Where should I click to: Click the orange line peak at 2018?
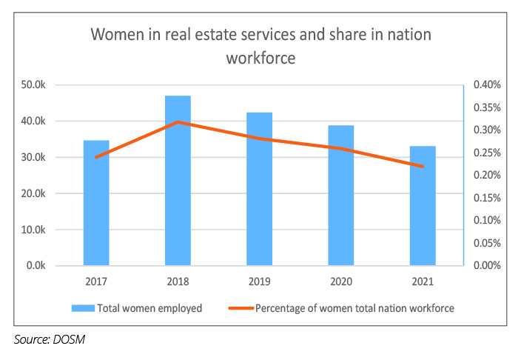178,121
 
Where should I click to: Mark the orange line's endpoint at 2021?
423,167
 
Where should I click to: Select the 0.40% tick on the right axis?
486,85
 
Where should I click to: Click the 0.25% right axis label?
486,153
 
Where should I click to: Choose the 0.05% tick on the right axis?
486,243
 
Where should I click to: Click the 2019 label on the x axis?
260,282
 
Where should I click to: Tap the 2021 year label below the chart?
423,282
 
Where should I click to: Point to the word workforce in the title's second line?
260,58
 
